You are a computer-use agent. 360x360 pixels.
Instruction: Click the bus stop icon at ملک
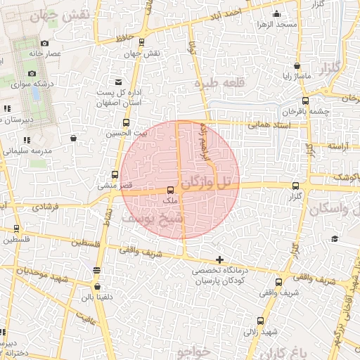coord(170,190)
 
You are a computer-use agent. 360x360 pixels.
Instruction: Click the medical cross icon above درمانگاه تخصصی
coord(221,260)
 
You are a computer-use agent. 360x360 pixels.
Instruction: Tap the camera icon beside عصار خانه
coord(44,44)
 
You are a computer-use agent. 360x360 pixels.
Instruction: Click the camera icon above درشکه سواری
coord(31,73)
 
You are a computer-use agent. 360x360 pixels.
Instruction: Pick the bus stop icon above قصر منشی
coord(115,174)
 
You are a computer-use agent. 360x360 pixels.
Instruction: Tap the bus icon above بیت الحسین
coord(128,122)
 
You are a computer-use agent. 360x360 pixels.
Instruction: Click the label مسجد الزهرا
coord(276,25)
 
